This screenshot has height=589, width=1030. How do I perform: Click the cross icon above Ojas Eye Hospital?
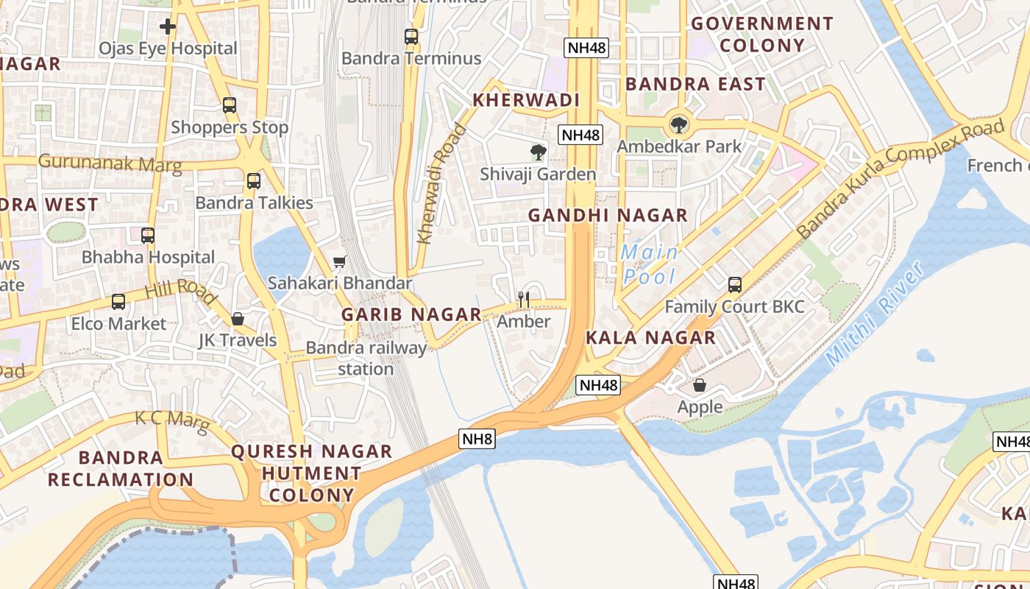point(168,27)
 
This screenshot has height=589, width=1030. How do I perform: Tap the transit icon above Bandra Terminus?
point(411,36)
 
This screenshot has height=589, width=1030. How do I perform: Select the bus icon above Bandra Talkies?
point(254,180)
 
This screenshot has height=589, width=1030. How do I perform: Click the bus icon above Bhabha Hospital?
point(148,236)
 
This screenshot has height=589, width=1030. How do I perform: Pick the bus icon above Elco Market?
point(118,302)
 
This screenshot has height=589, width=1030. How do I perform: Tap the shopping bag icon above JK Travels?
point(238,319)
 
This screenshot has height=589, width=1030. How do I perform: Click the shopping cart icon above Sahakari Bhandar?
point(339,262)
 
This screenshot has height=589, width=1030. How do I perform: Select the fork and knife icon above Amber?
point(524,299)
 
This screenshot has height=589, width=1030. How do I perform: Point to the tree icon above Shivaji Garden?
point(539,152)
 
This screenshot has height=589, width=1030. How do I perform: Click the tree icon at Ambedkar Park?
point(679,124)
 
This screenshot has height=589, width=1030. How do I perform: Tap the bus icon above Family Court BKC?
point(734,285)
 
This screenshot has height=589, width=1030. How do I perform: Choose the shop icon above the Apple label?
point(700,385)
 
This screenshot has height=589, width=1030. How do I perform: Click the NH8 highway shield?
point(477,440)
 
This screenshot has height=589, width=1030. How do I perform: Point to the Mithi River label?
point(876,314)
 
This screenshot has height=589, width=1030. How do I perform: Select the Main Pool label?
point(650,264)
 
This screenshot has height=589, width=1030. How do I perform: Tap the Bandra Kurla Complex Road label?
point(901,178)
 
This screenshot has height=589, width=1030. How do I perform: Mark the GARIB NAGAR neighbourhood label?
point(411,314)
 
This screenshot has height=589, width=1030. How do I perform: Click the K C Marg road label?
point(167,419)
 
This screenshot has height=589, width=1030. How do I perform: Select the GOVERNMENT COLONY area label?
point(761,35)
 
